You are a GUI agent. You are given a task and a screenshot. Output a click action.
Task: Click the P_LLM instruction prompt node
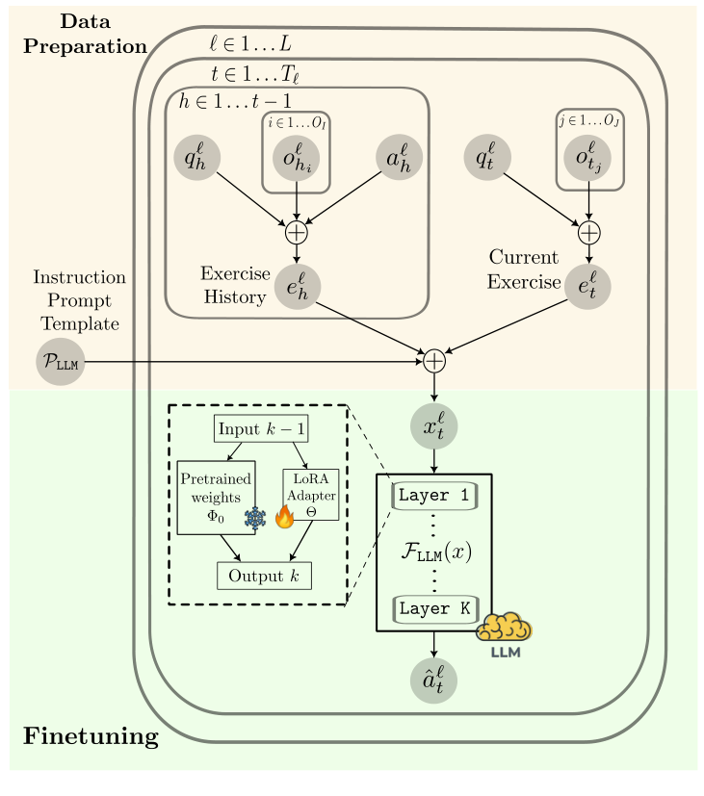pyautogui.click(x=60, y=362)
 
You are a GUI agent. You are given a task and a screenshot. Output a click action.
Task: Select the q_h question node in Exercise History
pyautogui.click(x=197, y=159)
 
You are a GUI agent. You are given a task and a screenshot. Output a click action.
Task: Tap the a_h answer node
pyautogui.click(x=398, y=159)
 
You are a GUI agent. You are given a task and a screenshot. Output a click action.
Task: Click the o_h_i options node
pyautogui.click(x=296, y=159)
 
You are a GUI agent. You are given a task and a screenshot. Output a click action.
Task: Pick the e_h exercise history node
pyautogui.click(x=296, y=285)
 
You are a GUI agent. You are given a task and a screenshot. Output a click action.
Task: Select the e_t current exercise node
pyautogui.click(x=587, y=285)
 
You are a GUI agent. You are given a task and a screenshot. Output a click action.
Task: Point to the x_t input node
pyautogui.click(x=434, y=427)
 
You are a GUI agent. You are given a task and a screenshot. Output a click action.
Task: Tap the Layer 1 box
pyautogui.click(x=435, y=496)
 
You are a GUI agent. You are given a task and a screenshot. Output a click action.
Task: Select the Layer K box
pyautogui.click(x=435, y=609)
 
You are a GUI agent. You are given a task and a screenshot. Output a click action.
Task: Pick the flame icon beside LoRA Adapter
pyautogui.click(x=284, y=517)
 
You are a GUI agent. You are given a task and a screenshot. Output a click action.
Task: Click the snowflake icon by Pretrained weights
pyautogui.click(x=255, y=518)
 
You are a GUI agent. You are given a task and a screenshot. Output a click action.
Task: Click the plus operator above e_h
pyautogui.click(x=296, y=231)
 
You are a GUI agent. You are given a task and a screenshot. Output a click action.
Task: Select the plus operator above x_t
pyautogui.click(x=434, y=361)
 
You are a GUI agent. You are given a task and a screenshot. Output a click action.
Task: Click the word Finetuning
pyautogui.click(x=90, y=738)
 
